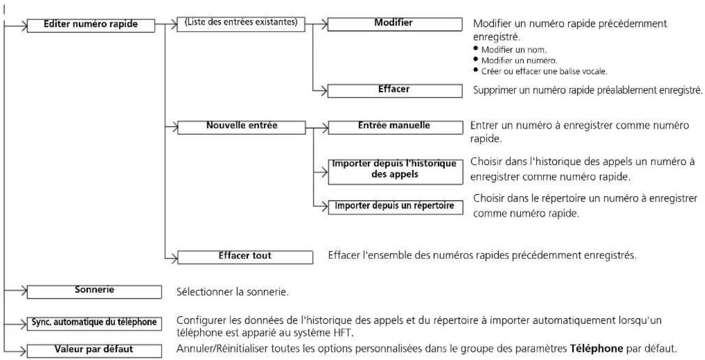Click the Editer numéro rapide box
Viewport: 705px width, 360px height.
[90, 25]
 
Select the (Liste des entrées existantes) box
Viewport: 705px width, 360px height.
[241, 24]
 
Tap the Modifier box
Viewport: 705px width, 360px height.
[395, 24]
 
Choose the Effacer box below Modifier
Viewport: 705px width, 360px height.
[395, 90]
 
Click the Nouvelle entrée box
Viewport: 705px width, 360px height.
[242, 127]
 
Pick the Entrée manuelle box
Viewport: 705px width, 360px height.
[395, 127]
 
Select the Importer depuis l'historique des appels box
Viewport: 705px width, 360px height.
[395, 172]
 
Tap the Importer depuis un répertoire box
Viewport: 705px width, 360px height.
[395, 207]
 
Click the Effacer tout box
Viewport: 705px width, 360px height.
[245, 257]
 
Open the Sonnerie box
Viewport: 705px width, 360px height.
[95, 292]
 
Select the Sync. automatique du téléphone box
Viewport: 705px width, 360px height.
[95, 324]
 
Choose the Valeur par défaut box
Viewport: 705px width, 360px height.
[95, 351]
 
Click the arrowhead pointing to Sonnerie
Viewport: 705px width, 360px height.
[24, 290]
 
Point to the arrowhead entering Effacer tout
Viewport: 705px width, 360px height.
[175, 259]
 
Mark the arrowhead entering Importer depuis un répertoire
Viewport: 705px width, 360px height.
[325, 207]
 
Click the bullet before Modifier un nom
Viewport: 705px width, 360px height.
[475, 48]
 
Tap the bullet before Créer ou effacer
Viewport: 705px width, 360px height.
[475, 70]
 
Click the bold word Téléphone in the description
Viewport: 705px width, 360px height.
[596, 349]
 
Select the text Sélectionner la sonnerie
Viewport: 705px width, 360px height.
[232, 292]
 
